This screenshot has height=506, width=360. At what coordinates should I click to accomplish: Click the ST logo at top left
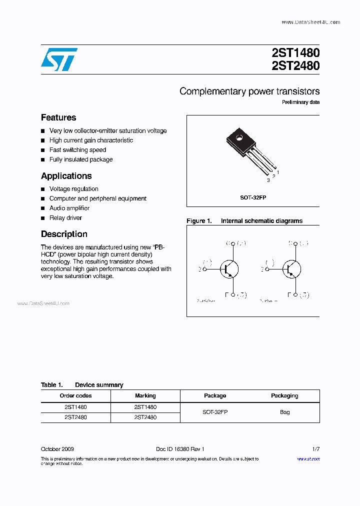coord(59,59)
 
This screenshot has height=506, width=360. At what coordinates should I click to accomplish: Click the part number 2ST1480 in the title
coord(296,53)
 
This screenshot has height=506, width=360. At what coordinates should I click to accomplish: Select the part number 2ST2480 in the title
coord(296,65)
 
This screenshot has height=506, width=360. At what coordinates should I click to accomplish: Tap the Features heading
coord(58,117)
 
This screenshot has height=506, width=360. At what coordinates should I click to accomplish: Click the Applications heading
coord(66,176)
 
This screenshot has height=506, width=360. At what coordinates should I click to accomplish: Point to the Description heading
coord(64,234)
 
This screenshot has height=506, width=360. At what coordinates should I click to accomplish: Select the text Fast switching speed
coord(77,150)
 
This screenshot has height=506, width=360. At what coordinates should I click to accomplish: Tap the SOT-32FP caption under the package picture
coord(253,197)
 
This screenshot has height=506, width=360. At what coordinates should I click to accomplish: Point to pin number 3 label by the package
coord(268,180)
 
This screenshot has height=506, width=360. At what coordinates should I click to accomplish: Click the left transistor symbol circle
coord(229,269)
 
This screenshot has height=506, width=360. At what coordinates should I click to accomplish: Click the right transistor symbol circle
coord(291,269)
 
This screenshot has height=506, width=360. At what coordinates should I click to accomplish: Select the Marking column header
coord(145,395)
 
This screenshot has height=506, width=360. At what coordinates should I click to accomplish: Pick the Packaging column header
coord(284,395)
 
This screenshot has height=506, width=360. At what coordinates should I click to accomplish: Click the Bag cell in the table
coord(284,412)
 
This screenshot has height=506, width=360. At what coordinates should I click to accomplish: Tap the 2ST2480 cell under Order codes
coord(75,417)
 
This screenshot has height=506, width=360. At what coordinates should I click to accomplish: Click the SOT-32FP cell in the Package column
coord(215,412)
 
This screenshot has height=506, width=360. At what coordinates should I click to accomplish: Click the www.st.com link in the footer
coord(308,458)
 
